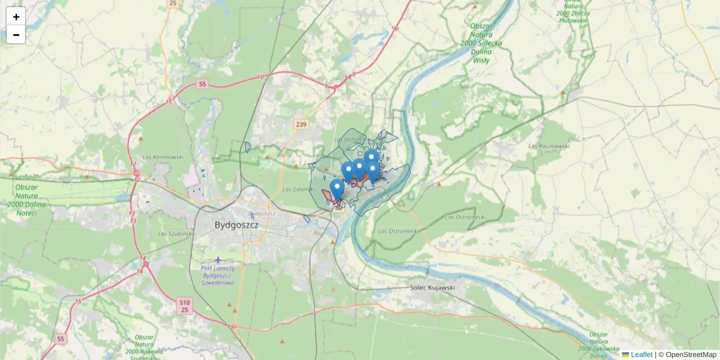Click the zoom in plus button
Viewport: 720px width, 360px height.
pyautogui.click(x=16, y=17)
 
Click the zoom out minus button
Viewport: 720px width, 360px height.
pyautogui.click(x=16, y=35)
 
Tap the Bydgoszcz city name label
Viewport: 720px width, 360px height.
pyautogui.click(x=236, y=225)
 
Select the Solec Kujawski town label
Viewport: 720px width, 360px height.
pyautogui.click(x=433, y=288)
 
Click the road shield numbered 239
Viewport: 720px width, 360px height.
pyautogui.click(x=301, y=125)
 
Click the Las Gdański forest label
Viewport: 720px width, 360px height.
pyautogui.click(x=298, y=190)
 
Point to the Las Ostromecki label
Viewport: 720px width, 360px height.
pyautogui.click(x=398, y=230)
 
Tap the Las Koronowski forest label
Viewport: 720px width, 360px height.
pyautogui.click(x=163, y=157)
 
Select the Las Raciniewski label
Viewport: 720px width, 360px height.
pyautogui.click(x=548, y=146)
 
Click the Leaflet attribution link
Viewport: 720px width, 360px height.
pyautogui.click(x=641, y=355)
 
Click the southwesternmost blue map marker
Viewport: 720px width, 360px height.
pyautogui.click(x=337, y=189)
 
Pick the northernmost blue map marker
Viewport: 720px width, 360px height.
pyautogui.click(x=371, y=158)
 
